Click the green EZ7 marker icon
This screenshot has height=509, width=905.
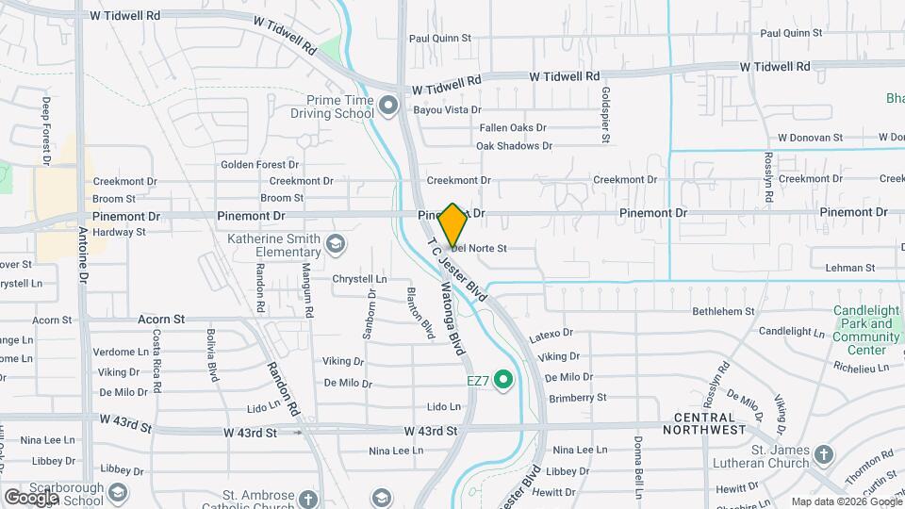[503, 381]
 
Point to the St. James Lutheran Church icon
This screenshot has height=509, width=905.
[824, 455]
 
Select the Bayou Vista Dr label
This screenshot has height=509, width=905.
[448, 110]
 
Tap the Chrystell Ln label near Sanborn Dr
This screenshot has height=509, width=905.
[359, 279]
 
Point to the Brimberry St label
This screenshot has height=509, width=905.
[577, 398]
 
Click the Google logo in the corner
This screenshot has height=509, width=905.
[30, 497]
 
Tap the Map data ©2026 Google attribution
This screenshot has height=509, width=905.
[846, 501]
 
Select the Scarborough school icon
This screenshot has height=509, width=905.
[118, 493]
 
